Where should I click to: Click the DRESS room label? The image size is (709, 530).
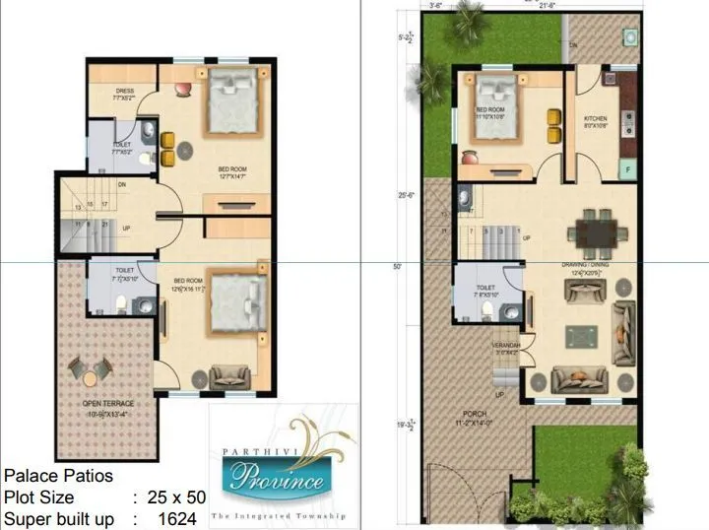pyautogui.click(x=124, y=91)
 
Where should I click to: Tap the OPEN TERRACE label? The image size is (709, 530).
pyautogui.click(x=108, y=404)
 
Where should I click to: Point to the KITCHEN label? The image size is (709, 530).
pyautogui.click(x=595, y=118)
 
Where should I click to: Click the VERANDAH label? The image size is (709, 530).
pyautogui.click(x=506, y=346)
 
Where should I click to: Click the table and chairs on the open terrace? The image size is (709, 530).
pyautogui.click(x=90, y=372)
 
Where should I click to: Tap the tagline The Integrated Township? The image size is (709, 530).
pyautogui.click(x=277, y=515)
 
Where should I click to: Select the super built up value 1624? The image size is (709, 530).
pyautogui.click(x=176, y=518)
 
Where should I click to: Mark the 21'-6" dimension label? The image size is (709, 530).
pyautogui.click(x=523, y=6)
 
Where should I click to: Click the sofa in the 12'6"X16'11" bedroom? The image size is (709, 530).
pyautogui.click(x=230, y=374)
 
